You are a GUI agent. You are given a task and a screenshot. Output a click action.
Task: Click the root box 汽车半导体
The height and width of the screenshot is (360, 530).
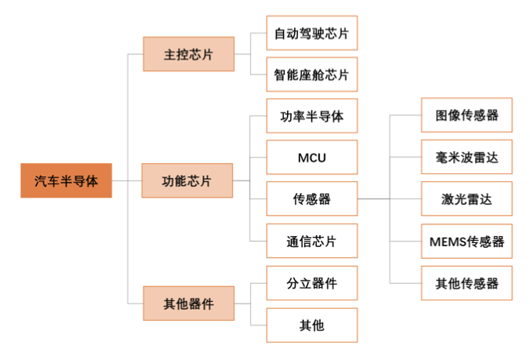click(66, 181)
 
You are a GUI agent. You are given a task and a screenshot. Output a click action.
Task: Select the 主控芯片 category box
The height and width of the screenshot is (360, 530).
click(188, 54)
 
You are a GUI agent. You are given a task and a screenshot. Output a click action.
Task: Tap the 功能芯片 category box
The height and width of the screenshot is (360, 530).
click(188, 181)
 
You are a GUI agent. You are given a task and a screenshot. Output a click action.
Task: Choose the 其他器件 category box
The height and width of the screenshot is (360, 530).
click(188, 303)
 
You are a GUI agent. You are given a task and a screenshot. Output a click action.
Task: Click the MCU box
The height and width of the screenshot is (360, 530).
click(311, 158)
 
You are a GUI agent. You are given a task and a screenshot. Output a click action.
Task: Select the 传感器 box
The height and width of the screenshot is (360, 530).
click(311, 199)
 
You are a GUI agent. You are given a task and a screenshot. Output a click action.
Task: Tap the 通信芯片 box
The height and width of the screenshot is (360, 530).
click(311, 241)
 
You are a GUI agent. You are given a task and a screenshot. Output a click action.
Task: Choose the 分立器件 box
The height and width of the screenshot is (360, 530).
click(311, 283)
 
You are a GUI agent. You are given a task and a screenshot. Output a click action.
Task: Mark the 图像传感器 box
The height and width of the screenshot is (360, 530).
click(466, 115)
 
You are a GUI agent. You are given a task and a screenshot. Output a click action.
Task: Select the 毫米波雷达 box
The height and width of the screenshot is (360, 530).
click(466, 158)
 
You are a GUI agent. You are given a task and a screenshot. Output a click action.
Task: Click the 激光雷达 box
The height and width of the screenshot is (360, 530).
click(466, 199)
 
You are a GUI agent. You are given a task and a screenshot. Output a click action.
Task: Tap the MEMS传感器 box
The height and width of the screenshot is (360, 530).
click(466, 241)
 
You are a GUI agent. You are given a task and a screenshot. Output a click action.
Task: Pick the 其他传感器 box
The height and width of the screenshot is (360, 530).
click(466, 283)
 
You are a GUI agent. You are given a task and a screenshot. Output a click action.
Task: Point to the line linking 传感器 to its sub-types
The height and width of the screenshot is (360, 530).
click(373, 199)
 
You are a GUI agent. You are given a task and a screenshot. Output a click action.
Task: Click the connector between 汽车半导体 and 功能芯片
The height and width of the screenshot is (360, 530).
click(127, 181)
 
